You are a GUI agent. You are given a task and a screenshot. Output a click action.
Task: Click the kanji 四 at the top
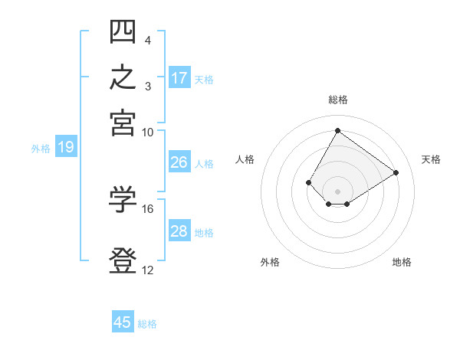(123, 31)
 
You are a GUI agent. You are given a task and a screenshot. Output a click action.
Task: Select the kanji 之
(123, 77)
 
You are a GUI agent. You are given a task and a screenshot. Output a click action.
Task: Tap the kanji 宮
(123, 123)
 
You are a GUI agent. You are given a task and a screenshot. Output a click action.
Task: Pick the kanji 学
(123, 199)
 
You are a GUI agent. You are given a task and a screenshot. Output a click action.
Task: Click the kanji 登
(123, 260)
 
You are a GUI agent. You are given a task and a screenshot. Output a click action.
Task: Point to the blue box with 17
(179, 77)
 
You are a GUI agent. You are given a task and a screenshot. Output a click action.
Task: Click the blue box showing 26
(179, 162)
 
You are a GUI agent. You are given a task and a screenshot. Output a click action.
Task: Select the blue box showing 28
(179, 230)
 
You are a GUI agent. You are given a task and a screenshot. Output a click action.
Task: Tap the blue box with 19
(66, 146)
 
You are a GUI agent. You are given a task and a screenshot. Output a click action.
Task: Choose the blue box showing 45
(123, 321)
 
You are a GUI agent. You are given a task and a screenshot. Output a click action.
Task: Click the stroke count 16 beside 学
(147, 209)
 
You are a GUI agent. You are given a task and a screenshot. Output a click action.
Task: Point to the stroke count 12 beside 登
(147, 270)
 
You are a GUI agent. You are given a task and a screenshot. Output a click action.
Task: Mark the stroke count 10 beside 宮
(147, 133)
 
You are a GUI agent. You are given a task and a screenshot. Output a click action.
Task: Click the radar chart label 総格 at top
(338, 100)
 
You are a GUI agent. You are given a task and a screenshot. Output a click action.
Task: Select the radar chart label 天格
(431, 159)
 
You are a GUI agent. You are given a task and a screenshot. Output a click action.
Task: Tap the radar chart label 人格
(245, 159)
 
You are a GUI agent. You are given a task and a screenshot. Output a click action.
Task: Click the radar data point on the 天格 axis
(396, 172)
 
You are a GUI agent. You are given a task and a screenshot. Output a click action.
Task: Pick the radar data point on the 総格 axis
(337, 130)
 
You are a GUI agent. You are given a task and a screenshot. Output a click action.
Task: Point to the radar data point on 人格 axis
(308, 182)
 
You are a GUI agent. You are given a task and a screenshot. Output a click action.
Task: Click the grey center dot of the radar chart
(337, 191)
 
